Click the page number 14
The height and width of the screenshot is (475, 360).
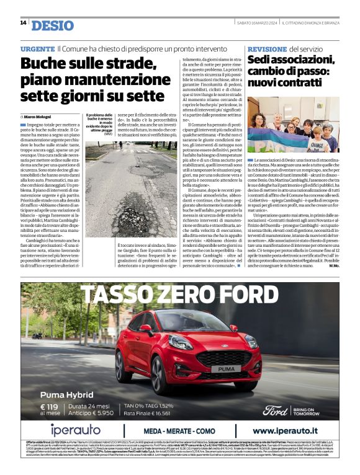[x=23, y=23]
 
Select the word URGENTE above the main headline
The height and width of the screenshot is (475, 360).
[x=37, y=48]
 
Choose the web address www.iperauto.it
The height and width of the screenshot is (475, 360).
[x=290, y=431]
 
